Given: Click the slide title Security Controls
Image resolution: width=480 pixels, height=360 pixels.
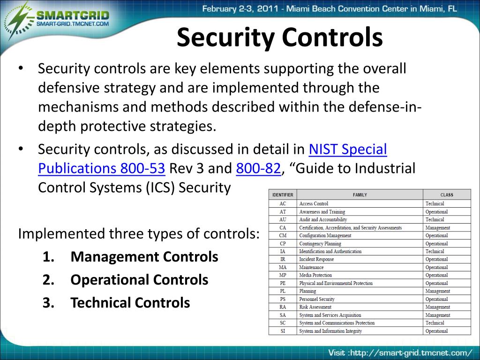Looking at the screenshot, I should [279, 37].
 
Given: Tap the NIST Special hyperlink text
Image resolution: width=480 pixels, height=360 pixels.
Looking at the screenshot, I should [348, 150].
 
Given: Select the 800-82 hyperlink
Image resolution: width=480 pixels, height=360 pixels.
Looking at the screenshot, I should [258, 168].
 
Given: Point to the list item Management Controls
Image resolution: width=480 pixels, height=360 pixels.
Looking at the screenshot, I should [144, 257].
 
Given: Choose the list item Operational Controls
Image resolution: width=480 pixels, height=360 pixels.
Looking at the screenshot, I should [139, 280].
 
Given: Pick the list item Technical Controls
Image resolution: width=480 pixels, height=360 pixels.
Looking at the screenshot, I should [130, 303].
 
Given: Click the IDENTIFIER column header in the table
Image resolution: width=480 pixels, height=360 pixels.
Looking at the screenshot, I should [283, 195].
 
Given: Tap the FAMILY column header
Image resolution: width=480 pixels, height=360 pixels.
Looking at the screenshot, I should [360, 195].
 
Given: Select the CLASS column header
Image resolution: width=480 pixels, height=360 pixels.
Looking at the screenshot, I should [446, 195].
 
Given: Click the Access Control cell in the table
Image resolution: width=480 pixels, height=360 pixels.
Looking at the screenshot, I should [314, 204].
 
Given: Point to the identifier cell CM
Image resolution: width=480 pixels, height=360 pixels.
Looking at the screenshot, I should [283, 236].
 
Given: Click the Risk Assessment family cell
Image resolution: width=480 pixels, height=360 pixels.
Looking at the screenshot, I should [315, 307].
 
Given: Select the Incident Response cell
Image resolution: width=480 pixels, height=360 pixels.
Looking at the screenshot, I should [316, 259].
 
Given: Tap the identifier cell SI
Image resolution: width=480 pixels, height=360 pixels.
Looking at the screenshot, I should [283, 331].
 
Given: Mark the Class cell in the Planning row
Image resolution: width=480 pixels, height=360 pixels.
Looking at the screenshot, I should [437, 291].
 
